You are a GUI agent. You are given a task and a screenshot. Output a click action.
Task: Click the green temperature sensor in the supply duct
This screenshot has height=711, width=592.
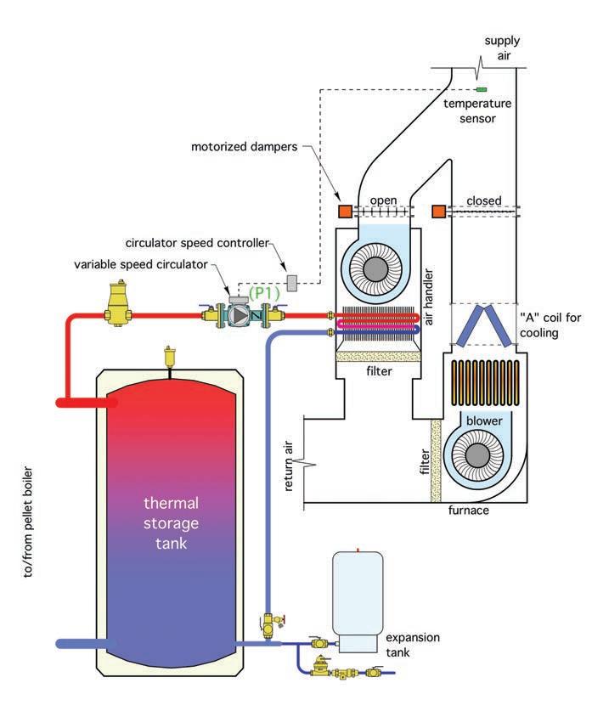482,88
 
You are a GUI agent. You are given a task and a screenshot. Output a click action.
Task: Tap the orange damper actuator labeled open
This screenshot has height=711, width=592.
346,211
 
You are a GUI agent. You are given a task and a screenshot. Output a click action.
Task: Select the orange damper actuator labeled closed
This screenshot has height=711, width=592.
439,211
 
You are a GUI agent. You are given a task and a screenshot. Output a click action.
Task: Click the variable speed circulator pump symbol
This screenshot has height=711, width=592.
241,313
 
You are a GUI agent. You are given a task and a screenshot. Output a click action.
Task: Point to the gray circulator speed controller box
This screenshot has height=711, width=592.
293,281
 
